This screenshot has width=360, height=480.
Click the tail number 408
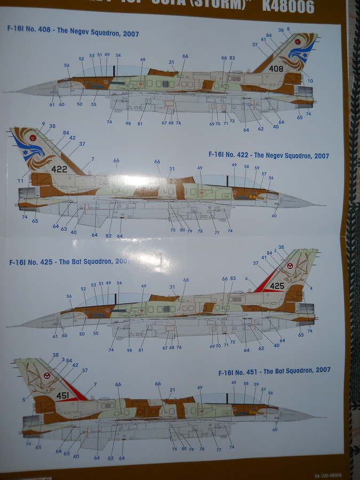[276, 69]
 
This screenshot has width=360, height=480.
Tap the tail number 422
[59, 169]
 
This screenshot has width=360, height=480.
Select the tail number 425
[277, 286]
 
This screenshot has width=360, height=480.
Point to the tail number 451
[62, 395]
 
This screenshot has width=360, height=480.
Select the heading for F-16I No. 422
[269, 156]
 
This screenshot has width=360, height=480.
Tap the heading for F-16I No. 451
[274, 370]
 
